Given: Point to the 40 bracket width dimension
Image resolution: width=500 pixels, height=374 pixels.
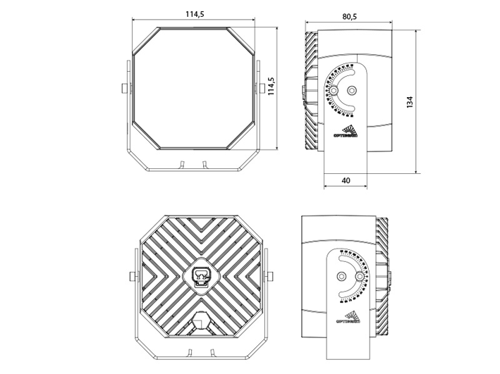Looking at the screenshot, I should tap(346, 180).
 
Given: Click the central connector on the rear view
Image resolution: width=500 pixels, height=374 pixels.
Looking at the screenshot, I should tap(201, 276).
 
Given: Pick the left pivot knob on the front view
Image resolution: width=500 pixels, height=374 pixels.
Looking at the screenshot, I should tap(125, 89).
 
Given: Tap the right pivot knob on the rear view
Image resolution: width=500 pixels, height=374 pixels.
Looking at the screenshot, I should tap(270, 276).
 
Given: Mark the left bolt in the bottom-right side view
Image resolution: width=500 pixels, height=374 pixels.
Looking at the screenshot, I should tap(342, 276).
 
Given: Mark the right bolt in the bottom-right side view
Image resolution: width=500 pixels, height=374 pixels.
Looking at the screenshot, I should tap(362, 277).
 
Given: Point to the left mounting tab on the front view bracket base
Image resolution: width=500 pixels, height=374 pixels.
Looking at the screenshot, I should tap(181, 164).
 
